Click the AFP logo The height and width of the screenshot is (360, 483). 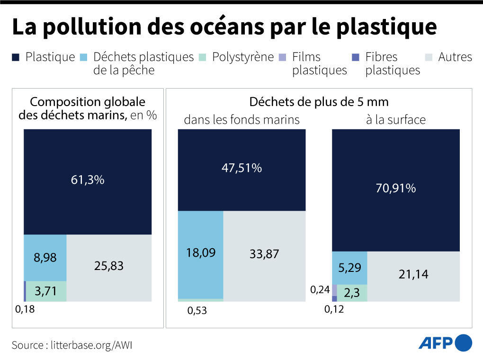[x=445, y=343]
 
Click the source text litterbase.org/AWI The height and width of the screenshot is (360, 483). [x=72, y=345]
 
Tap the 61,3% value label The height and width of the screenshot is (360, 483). [x=88, y=180]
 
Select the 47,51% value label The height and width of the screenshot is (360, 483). [x=241, y=168]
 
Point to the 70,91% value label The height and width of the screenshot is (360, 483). [x=395, y=189]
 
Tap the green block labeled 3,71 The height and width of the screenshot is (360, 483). [x=46, y=291]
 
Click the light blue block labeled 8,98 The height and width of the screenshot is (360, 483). [x=45, y=258]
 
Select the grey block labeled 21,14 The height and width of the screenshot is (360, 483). [x=413, y=275]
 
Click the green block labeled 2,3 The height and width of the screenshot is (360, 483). [x=352, y=293]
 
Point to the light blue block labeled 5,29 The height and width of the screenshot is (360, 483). [x=349, y=268]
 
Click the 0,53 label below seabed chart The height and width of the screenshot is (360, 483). [x=197, y=311]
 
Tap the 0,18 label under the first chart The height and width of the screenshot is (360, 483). [x=25, y=310]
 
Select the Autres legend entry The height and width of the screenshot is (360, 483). [x=449, y=57]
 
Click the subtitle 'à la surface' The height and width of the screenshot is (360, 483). [x=395, y=120]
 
